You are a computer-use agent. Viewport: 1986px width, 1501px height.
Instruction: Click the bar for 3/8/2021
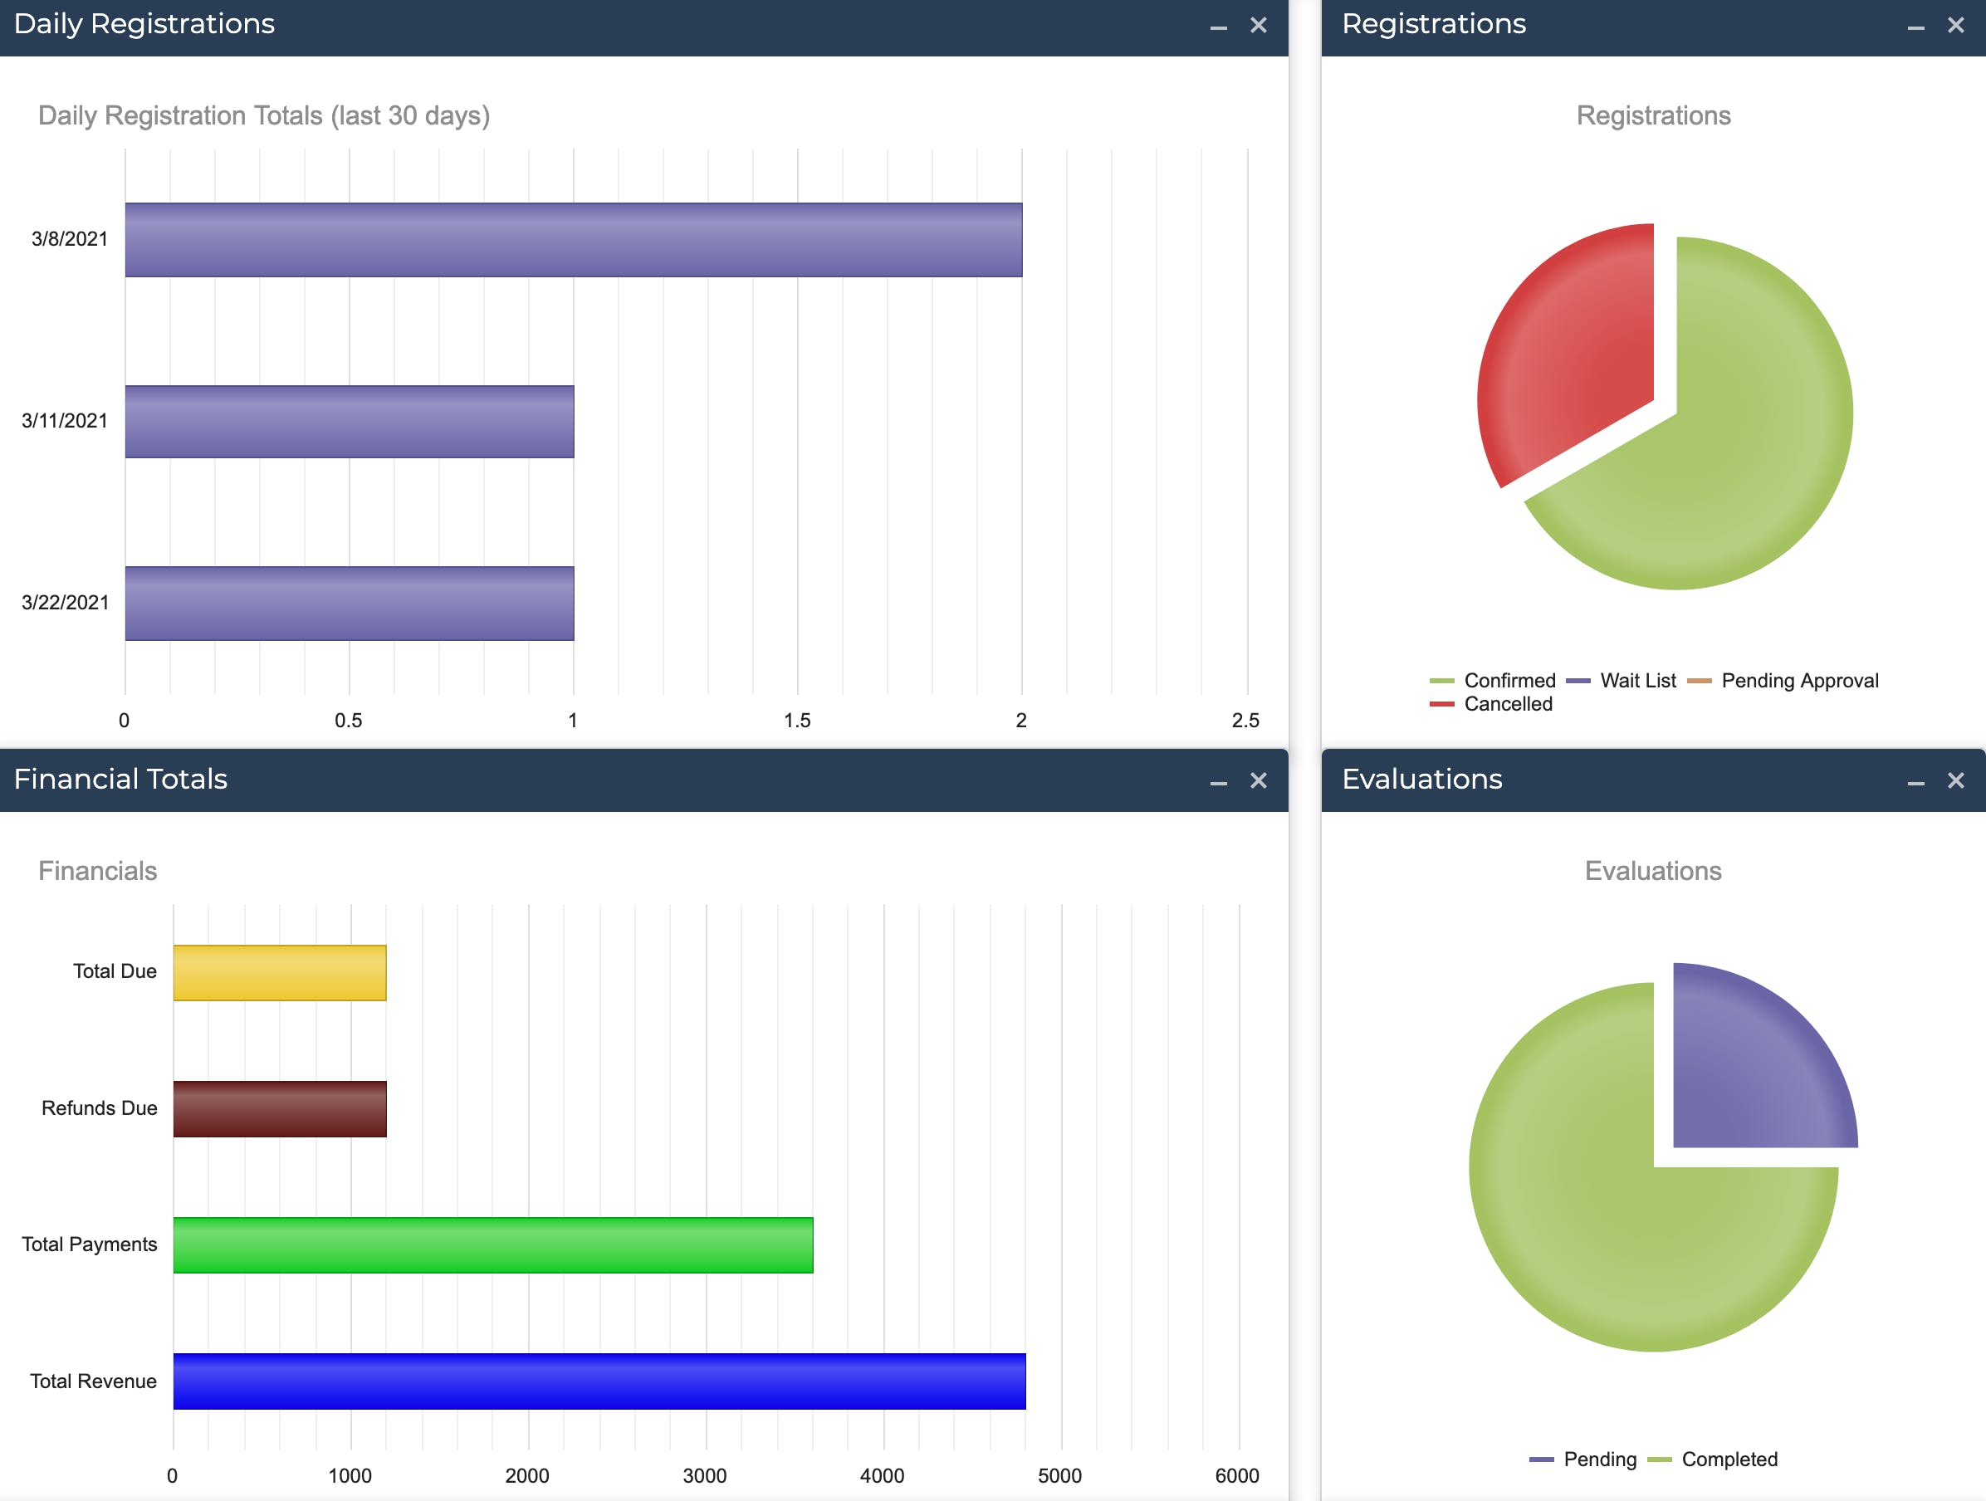pos(573,240)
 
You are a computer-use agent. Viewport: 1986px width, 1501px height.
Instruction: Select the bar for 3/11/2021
pos(350,422)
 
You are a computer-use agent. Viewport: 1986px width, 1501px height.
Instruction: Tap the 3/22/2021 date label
pos(65,603)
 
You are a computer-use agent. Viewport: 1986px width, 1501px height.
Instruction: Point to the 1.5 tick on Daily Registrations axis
pos(796,720)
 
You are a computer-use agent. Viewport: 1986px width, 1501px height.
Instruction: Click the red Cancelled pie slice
pos(1571,350)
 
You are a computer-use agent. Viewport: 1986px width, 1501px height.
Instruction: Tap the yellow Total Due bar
pos(279,972)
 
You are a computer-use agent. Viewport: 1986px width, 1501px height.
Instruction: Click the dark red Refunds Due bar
pos(279,1108)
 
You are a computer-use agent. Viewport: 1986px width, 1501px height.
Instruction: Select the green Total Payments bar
pos(493,1245)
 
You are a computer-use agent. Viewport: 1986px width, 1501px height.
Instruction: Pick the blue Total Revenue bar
pos(599,1381)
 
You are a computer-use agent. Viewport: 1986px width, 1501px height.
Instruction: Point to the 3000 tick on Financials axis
pos(705,1476)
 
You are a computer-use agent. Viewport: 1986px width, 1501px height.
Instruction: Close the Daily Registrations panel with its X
pos(1259,25)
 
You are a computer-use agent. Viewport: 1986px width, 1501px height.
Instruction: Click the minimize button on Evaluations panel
pos(1916,782)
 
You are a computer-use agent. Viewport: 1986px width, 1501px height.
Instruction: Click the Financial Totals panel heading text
pos(120,780)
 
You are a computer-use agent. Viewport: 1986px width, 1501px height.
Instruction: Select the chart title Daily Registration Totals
pos(264,115)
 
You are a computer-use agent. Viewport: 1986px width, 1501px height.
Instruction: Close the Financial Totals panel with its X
pos(1259,781)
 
